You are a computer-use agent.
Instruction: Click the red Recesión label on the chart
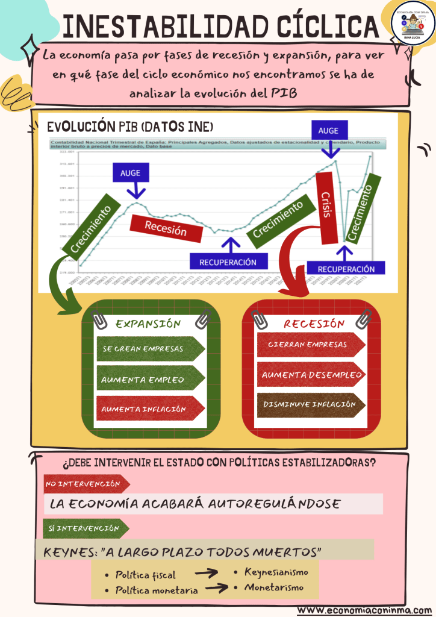(x=166, y=228)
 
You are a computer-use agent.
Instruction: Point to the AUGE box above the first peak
(x=131, y=173)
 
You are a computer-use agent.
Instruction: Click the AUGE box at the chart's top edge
(x=328, y=130)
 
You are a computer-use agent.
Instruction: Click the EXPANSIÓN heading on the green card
(x=148, y=324)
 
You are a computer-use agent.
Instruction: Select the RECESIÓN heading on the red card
(x=314, y=324)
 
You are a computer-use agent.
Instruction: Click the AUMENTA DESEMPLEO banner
(x=311, y=375)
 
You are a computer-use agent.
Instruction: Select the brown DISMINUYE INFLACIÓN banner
(x=310, y=405)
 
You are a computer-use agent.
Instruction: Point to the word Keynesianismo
(x=276, y=572)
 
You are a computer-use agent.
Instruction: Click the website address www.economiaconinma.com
(x=365, y=609)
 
